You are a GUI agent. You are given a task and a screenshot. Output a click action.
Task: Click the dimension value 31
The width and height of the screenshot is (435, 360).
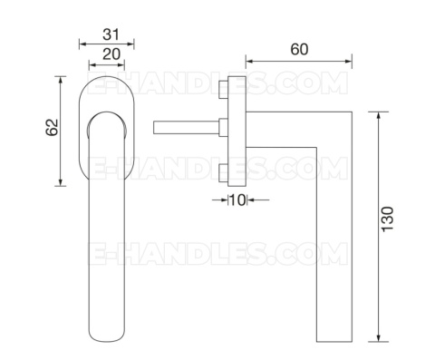pos(111,34)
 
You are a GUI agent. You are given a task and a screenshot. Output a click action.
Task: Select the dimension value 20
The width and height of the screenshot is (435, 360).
pos(111,54)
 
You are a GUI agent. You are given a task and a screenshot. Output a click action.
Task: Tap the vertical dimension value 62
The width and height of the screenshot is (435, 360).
pos(52,127)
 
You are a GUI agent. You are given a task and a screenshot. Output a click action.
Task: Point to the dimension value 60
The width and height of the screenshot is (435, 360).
pos(299,49)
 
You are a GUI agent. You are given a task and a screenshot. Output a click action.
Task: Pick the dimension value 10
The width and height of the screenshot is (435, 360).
pos(237,199)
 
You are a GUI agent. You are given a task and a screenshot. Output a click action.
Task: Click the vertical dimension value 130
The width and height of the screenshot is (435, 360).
pos(388,219)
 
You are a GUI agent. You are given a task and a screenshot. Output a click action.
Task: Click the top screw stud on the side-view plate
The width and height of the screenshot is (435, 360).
pos(224,90)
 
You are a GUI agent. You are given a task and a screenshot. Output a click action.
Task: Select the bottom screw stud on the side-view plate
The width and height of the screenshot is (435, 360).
pos(224,173)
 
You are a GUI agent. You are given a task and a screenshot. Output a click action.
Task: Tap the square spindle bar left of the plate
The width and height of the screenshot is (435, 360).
pos(187,127)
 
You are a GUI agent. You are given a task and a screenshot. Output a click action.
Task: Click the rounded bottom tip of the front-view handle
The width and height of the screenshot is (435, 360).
pos(107,340)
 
